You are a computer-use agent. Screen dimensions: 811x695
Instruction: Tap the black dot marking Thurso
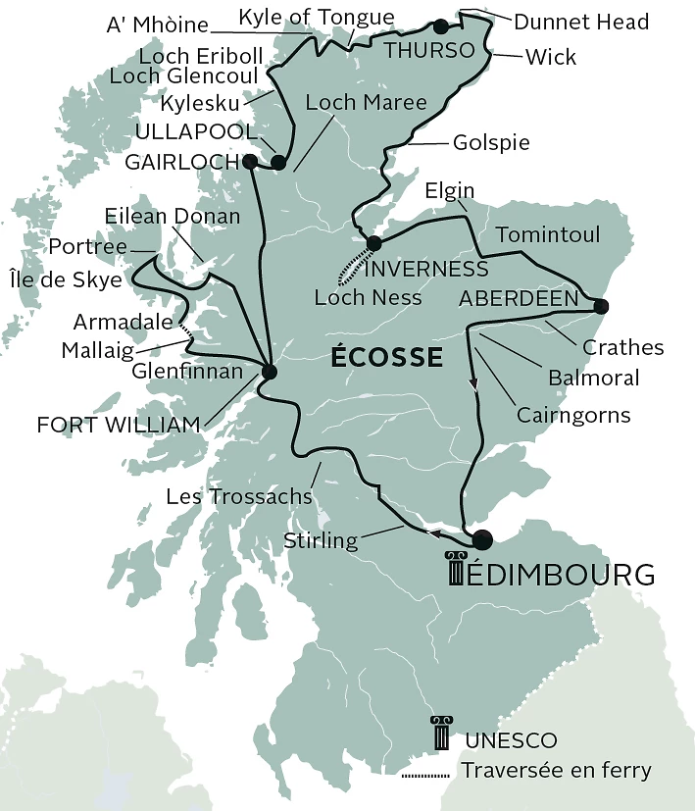pyautogui.click(x=441, y=25)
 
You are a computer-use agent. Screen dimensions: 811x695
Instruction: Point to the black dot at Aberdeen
pyautogui.click(x=601, y=306)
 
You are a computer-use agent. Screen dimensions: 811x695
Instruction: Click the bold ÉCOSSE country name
pyautogui.click(x=386, y=357)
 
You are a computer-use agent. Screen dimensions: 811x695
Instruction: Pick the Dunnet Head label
pyautogui.click(x=581, y=22)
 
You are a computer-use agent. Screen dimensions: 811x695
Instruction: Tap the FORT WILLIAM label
pyautogui.click(x=119, y=425)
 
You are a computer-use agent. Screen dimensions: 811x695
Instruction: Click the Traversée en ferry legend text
pyautogui.click(x=557, y=770)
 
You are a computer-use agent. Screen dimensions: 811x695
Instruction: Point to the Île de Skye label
pyautogui.click(x=64, y=279)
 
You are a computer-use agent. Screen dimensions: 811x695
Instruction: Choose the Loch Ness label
pyautogui.click(x=368, y=297)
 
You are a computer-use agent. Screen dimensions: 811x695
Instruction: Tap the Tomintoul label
pyautogui.click(x=548, y=235)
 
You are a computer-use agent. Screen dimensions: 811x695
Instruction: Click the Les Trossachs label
pyautogui.click(x=238, y=496)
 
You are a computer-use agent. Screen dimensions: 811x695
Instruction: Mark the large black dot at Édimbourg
pyautogui.click(x=481, y=539)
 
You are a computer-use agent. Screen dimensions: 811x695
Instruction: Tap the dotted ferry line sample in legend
pyautogui.click(x=424, y=776)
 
